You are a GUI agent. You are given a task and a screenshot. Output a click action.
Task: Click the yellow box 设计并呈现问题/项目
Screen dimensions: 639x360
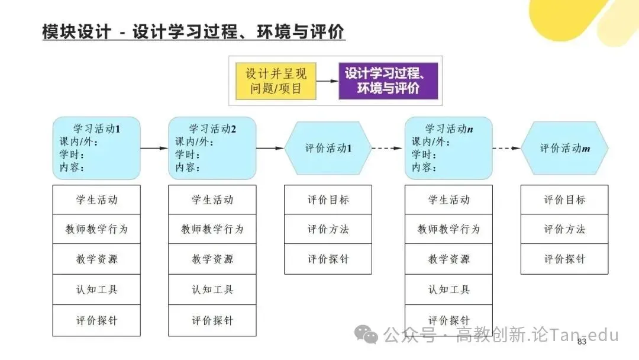(x=276, y=81)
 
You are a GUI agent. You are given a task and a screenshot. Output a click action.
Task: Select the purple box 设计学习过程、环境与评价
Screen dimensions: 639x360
(x=388, y=81)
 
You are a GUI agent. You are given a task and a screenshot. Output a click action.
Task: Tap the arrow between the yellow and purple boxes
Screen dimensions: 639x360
(x=327, y=81)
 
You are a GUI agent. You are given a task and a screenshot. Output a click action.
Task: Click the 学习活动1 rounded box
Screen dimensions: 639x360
(x=96, y=148)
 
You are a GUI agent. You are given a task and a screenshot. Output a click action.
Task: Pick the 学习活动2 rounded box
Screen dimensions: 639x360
(x=212, y=148)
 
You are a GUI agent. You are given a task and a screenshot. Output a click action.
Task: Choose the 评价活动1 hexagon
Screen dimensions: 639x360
(x=328, y=148)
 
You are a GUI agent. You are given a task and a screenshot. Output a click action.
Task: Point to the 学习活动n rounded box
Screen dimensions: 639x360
(x=448, y=148)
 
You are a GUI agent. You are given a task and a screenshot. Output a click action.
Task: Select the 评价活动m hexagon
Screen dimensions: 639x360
(x=564, y=148)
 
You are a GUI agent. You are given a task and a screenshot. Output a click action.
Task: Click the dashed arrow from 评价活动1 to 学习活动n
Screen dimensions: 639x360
(x=388, y=148)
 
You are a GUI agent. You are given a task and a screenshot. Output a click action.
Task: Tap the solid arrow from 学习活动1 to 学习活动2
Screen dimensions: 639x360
(x=154, y=148)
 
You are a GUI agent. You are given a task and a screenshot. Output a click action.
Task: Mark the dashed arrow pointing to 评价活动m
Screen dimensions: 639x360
(x=506, y=148)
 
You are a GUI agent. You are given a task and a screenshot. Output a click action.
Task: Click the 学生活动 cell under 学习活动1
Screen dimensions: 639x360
(x=96, y=200)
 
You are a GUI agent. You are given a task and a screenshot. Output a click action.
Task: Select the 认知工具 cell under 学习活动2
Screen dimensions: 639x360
(x=212, y=290)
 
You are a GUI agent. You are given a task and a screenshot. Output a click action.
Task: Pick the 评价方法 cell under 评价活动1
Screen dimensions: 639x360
(x=328, y=229)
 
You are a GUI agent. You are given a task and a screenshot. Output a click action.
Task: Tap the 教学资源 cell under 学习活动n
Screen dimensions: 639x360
(x=448, y=259)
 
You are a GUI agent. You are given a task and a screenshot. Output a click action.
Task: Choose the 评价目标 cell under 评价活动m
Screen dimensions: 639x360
(x=564, y=200)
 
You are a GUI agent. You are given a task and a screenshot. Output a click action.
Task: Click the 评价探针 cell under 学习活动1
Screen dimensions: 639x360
(x=96, y=320)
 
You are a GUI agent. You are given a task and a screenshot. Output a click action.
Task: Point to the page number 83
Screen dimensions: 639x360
(x=582, y=342)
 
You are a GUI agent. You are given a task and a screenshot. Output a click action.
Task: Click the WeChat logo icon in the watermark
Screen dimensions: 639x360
(x=366, y=335)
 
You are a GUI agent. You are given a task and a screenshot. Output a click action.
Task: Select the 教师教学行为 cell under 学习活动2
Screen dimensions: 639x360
(x=212, y=229)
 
